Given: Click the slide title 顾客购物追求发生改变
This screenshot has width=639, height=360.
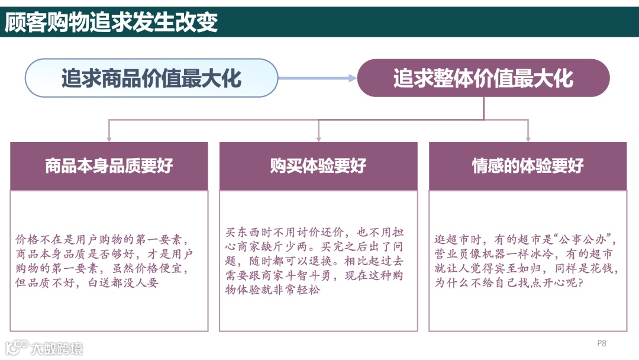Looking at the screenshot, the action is click(112, 22).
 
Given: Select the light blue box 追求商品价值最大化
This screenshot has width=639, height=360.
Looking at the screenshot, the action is click(151, 78).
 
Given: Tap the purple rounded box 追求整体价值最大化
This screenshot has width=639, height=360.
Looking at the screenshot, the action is click(483, 78).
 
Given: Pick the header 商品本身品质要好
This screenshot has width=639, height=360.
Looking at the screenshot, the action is click(109, 166).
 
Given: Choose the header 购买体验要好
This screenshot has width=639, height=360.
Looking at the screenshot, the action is click(318, 166).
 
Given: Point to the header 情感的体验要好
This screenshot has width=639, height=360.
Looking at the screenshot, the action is click(528, 166).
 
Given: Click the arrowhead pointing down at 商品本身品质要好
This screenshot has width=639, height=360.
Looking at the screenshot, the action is click(109, 138).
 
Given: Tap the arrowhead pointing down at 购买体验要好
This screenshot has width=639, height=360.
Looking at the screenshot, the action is click(318, 138).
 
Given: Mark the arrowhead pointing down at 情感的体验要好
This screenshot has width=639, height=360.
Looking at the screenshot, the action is click(528, 138).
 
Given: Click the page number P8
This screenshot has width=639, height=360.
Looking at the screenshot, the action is click(602, 343).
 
